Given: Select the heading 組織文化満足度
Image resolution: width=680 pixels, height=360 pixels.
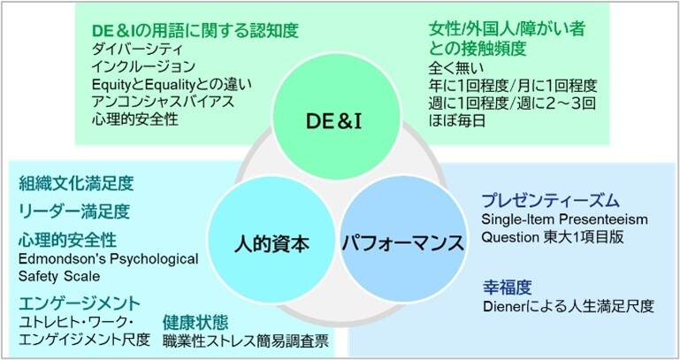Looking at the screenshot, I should click(x=76, y=184).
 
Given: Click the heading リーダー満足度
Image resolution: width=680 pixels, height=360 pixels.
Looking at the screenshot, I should click(x=74, y=211).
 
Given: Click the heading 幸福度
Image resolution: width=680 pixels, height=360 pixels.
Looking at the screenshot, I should click(x=507, y=287).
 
